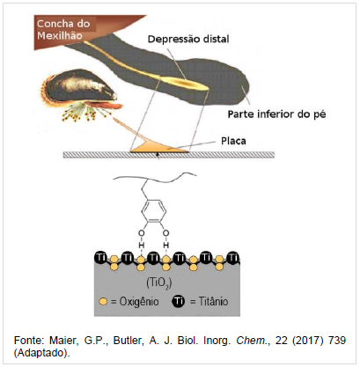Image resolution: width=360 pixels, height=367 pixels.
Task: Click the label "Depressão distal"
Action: tap(188, 40)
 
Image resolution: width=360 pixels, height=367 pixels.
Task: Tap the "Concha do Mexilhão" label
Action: tap(63, 30)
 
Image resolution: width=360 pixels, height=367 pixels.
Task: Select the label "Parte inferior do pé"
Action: tap(276, 114)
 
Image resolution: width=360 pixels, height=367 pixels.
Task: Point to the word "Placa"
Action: tap(233, 141)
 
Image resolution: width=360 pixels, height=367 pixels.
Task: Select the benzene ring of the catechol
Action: tap(154, 211)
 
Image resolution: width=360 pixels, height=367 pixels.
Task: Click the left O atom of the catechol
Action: tap(142, 233)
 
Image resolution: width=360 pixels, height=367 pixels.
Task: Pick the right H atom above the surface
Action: tap(166, 246)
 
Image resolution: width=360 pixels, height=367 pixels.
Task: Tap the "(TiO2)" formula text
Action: tap(158, 283)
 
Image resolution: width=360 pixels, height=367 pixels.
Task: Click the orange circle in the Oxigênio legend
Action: tap(103, 301)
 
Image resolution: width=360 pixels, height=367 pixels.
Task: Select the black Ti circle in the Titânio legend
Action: tap(179, 301)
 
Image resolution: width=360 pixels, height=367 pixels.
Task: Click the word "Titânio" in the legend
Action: tap(213, 301)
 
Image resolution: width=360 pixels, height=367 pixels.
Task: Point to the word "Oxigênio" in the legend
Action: tap(139, 302)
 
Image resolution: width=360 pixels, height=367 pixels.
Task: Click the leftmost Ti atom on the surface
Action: tap(100, 257)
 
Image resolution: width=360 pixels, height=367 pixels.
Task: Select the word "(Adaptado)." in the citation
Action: tap(42, 353)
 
